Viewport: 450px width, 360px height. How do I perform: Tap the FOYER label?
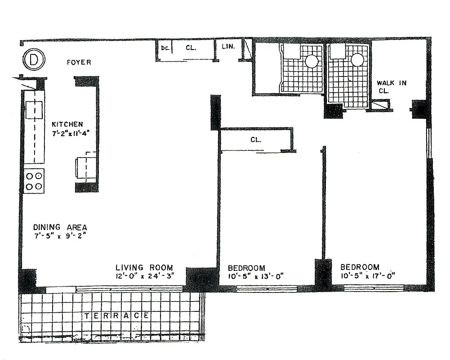click(x=79, y=62)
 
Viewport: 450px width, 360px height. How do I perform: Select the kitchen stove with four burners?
click(x=34, y=180)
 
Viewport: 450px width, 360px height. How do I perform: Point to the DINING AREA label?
click(x=60, y=227)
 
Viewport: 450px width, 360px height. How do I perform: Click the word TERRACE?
click(x=117, y=316)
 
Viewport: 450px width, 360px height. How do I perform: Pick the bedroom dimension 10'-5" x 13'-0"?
click(x=255, y=275)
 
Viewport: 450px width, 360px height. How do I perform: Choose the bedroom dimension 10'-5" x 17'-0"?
click(x=367, y=275)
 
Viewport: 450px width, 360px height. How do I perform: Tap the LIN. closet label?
click(x=228, y=46)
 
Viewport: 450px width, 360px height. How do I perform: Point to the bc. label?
click(x=165, y=47)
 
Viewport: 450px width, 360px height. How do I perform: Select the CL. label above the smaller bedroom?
click(x=255, y=139)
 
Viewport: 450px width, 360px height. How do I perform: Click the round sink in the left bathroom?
click(x=312, y=61)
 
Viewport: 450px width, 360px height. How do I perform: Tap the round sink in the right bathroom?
click(x=357, y=60)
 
